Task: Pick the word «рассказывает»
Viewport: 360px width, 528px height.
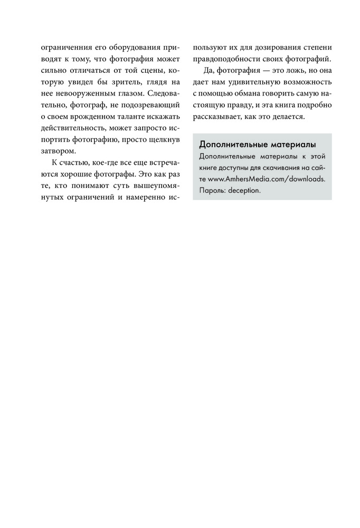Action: [214, 117]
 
